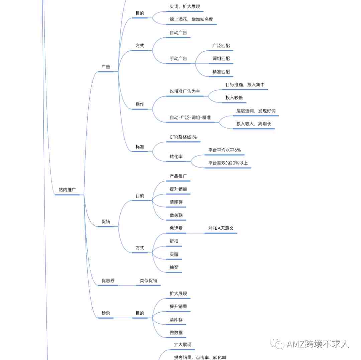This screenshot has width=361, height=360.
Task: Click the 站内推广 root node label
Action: (x=67, y=190)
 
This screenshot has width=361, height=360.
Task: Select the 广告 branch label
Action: (x=106, y=67)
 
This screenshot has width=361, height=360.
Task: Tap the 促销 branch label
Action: (x=106, y=221)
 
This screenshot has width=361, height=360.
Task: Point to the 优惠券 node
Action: (x=108, y=281)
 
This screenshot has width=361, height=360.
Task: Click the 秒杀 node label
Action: (x=106, y=313)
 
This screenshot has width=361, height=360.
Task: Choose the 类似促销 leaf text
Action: (x=148, y=281)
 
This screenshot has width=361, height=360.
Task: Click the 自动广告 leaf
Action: (x=178, y=33)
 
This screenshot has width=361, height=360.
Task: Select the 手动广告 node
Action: (x=178, y=59)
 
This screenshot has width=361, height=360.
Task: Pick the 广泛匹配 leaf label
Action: (x=221, y=45)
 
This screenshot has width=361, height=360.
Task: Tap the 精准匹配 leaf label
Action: (x=221, y=72)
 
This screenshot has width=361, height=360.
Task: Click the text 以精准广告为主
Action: (x=185, y=91)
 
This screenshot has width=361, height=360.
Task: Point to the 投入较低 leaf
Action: (x=234, y=98)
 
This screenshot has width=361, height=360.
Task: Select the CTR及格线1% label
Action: (x=183, y=137)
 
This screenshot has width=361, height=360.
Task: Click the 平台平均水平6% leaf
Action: (x=225, y=150)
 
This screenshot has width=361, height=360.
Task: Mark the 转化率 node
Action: (x=176, y=157)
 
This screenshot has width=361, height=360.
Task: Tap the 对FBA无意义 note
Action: (x=221, y=228)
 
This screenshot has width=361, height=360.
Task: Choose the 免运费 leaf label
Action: (x=176, y=228)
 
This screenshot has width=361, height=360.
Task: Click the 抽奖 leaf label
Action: (x=174, y=267)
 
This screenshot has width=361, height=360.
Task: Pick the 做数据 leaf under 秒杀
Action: (x=176, y=333)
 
